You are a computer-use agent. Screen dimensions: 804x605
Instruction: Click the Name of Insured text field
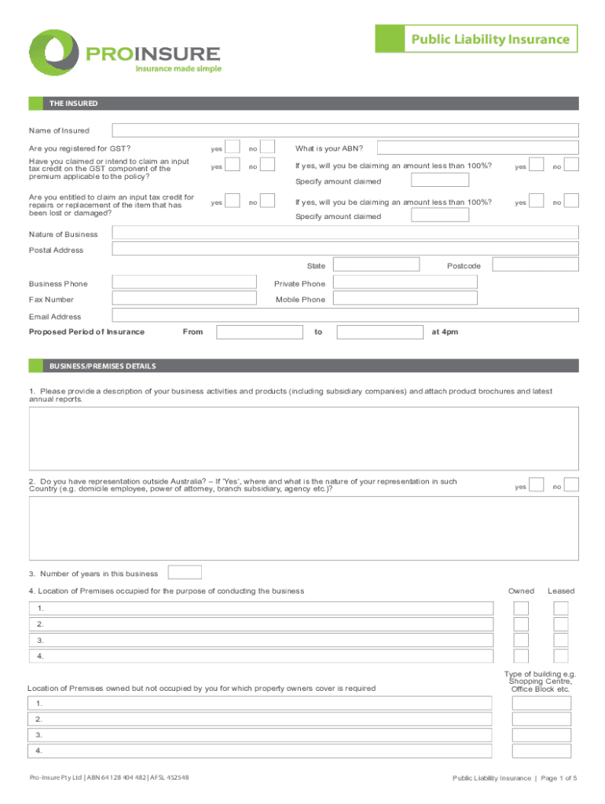(345, 130)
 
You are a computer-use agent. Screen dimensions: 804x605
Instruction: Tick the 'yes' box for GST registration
(233, 148)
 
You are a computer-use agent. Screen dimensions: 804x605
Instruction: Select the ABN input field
(477, 148)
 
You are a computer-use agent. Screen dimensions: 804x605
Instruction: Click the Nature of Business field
(345, 232)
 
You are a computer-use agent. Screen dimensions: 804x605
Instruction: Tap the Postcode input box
(528, 265)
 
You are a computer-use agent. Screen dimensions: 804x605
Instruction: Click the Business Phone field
(185, 283)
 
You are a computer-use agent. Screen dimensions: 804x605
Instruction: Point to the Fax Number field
(185, 299)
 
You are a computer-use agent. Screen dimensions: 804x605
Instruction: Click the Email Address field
(345, 316)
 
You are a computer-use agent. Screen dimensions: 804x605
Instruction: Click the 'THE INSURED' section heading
(74, 104)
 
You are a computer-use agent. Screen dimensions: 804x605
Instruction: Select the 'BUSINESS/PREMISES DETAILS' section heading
(103, 366)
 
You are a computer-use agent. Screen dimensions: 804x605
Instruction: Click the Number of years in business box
(185, 573)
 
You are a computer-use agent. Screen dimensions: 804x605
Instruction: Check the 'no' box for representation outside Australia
(571, 486)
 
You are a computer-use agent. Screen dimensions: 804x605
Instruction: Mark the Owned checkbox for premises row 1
(521, 608)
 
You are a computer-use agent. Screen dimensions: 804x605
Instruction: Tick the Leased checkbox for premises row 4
(561, 656)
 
